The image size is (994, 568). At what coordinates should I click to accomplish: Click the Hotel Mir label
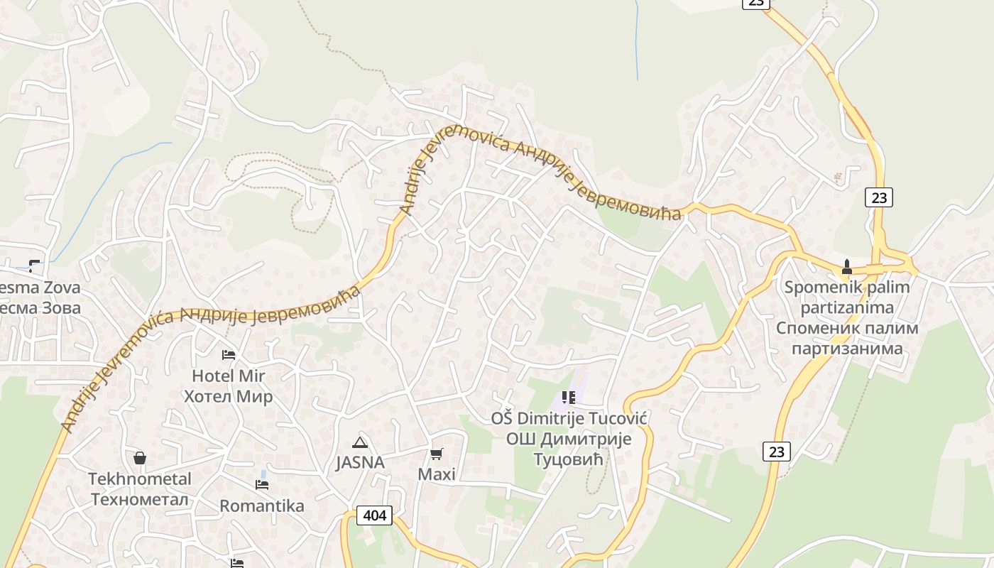[x=228, y=376]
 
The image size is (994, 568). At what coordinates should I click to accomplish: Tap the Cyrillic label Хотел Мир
[x=228, y=396]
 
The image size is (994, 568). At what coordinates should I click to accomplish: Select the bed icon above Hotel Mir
[x=229, y=354]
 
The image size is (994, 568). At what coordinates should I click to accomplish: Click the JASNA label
[x=360, y=463]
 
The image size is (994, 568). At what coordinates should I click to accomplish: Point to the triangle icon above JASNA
[x=360, y=443]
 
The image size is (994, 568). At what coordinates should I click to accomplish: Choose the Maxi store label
[x=437, y=474]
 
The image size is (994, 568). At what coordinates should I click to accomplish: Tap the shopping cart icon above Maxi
[x=437, y=454]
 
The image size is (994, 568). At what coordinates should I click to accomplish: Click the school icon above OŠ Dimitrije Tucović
[x=568, y=398]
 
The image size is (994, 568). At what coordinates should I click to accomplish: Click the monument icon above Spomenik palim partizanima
[x=846, y=268]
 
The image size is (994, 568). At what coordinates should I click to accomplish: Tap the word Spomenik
[x=819, y=288]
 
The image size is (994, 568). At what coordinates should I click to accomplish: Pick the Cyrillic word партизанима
[x=846, y=349]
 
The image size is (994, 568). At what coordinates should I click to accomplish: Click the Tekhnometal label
[x=140, y=479]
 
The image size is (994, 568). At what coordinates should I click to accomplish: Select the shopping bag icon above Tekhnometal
[x=140, y=458]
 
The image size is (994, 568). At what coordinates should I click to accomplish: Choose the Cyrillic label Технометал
[x=140, y=499]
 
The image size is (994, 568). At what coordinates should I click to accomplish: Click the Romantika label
[x=262, y=506]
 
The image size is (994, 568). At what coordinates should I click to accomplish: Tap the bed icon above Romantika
[x=262, y=485]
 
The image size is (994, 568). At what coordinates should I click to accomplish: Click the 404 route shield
[x=373, y=515]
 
